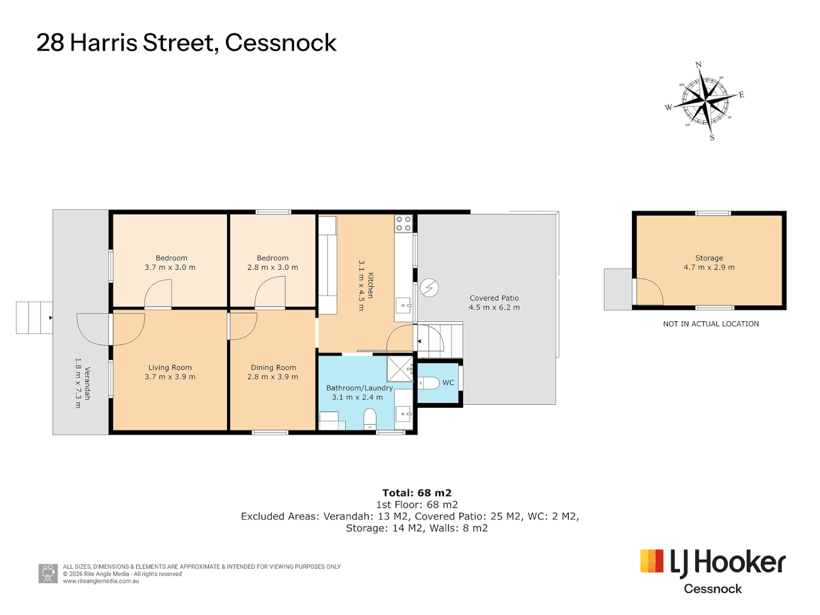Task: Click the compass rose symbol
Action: point(704,101)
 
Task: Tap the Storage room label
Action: point(709,257)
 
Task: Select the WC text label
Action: point(448,382)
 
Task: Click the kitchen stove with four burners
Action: point(404,223)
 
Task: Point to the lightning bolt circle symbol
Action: point(429,288)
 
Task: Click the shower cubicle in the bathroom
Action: point(400,369)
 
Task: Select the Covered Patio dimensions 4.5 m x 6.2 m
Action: point(494,307)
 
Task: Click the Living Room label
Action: point(170,367)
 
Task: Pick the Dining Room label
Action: point(273,367)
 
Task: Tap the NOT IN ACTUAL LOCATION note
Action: point(711,324)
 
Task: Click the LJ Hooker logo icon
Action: point(651,560)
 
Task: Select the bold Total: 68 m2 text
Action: point(416,493)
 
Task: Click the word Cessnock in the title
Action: point(281,43)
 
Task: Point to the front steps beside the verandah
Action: point(34,318)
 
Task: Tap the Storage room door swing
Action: point(650,291)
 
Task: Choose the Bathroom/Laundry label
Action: point(359,388)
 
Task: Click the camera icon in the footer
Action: point(48,573)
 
